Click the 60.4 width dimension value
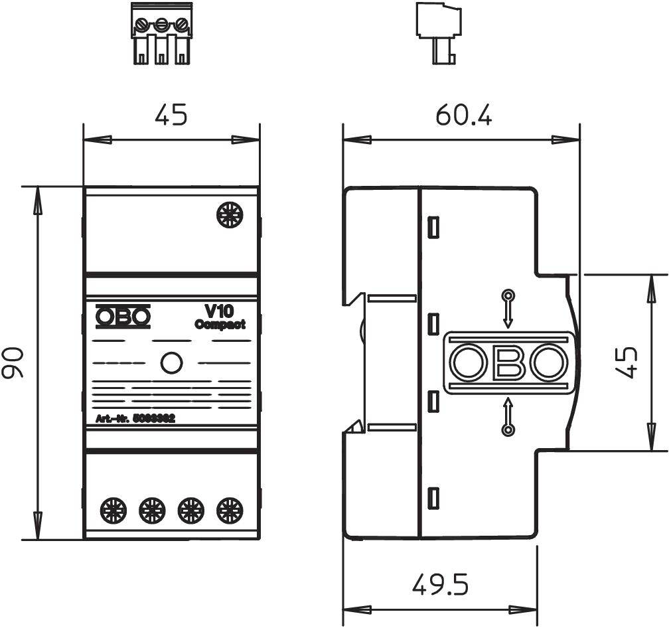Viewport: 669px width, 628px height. point(463,116)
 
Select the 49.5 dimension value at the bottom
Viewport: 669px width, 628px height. point(440,585)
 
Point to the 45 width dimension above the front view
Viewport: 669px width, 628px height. point(171,116)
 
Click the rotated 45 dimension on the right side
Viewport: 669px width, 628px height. point(627,362)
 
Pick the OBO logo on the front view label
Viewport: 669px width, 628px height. point(123,317)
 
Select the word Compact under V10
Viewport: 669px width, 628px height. point(220,325)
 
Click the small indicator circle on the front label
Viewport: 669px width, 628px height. point(171,362)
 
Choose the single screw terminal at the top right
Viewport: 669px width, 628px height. point(230,216)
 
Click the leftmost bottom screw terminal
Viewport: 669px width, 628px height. point(111,510)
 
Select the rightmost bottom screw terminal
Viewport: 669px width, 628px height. point(230,510)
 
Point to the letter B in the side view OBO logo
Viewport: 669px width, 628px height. point(508,363)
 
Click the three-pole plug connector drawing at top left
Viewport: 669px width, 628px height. point(161,35)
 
